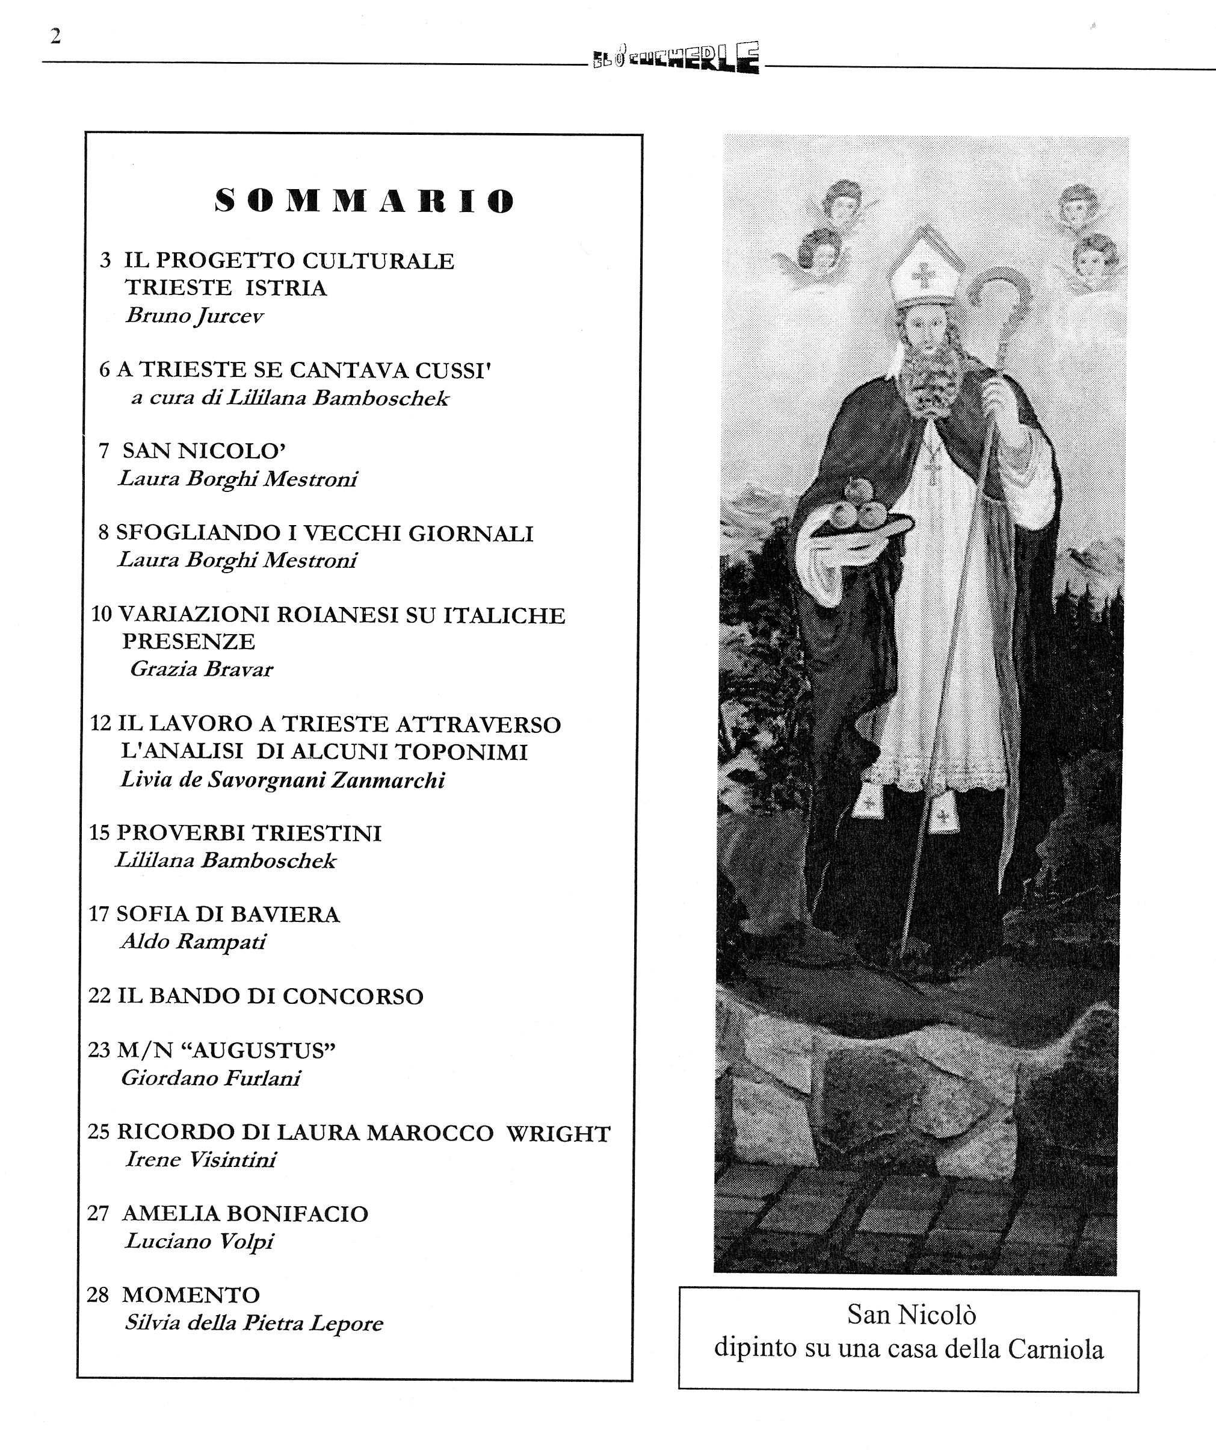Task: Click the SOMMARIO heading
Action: point(365,201)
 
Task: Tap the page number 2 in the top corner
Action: point(56,36)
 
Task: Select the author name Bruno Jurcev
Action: point(194,316)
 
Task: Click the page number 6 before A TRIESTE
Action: point(105,370)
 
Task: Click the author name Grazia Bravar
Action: point(202,669)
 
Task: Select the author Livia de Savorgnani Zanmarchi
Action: point(282,780)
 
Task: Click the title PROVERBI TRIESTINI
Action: point(248,833)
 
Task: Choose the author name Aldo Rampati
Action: point(193,942)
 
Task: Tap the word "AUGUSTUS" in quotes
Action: point(263,1051)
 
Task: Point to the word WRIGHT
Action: point(558,1134)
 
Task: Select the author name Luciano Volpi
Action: point(199,1242)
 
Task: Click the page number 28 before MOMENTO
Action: point(98,1295)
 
